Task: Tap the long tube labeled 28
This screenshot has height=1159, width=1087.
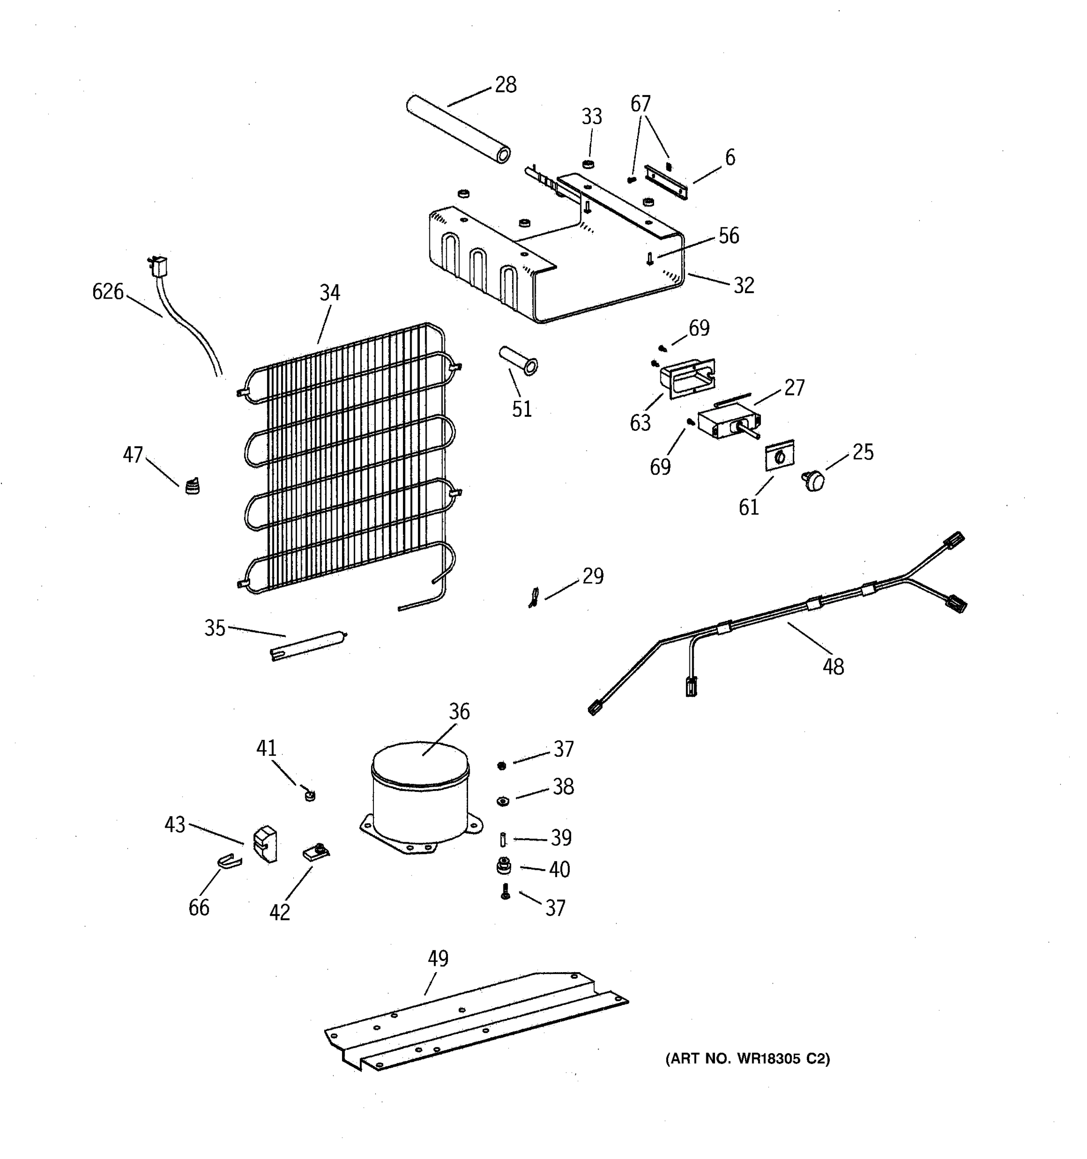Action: (458, 129)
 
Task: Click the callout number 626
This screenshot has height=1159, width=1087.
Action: (108, 292)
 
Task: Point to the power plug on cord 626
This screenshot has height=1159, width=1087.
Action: (157, 266)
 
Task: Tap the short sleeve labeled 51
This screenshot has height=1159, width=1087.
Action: (518, 360)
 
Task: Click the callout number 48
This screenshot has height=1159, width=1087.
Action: (833, 666)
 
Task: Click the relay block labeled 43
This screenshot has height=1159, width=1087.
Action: (265, 844)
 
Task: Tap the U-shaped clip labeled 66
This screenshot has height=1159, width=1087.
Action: (229, 861)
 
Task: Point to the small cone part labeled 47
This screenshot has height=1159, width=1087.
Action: (192, 486)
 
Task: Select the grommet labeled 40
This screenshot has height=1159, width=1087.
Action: (503, 867)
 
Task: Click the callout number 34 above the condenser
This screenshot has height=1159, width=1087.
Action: (329, 293)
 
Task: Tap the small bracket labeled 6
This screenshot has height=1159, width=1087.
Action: (665, 181)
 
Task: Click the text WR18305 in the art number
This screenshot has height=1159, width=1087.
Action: (769, 1059)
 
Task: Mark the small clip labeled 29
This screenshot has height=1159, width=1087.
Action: (533, 597)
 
